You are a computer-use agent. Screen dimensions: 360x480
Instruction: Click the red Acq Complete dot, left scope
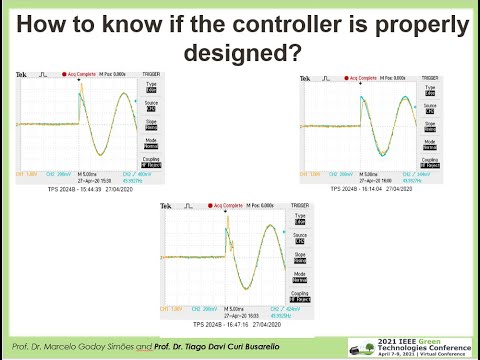click(x=63, y=75)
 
